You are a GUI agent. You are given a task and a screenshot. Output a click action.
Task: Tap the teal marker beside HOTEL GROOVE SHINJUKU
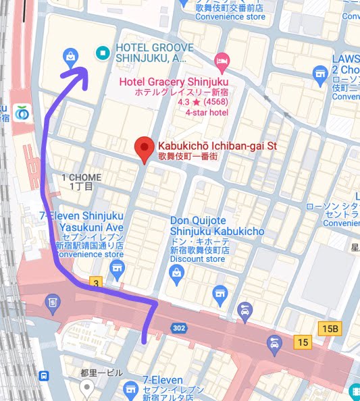(x=102, y=52)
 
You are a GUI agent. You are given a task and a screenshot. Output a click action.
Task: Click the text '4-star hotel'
(x=207, y=113)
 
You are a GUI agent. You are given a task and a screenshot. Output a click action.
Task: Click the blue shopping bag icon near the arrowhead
(x=70, y=55)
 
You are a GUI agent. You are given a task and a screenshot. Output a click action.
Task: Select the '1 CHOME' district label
(x=81, y=178)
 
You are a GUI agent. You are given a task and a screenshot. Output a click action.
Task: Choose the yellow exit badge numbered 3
(x=97, y=282)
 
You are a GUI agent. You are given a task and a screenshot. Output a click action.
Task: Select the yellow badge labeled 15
(x=302, y=344)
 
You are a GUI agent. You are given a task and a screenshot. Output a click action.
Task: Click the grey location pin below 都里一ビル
(x=86, y=387)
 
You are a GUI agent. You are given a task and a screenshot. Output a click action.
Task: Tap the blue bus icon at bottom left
(x=44, y=376)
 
